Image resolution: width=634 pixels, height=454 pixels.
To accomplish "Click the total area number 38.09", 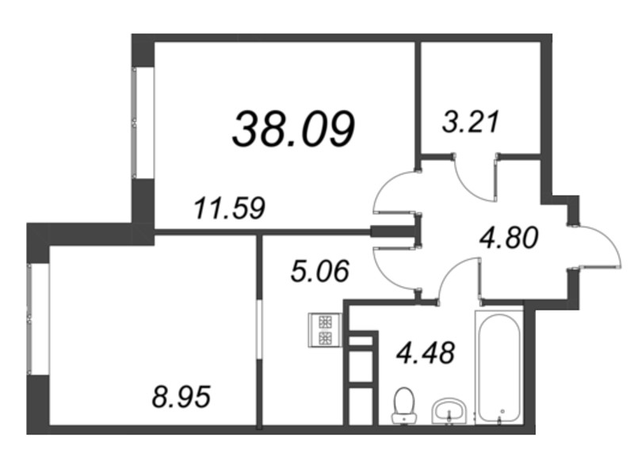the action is point(293,129).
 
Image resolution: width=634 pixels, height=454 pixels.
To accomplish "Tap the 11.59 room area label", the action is point(229,208).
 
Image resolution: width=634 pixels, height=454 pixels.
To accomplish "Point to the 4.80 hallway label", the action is point(509,238).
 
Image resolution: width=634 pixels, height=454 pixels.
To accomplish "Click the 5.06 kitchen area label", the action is point(320,271).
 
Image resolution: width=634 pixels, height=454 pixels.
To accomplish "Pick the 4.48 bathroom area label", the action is point(426,352).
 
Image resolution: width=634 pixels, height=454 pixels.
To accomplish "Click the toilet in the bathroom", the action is point(404,405).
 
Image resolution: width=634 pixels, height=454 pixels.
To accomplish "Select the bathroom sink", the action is point(449,411).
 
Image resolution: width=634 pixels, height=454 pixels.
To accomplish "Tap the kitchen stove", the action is point(326,330).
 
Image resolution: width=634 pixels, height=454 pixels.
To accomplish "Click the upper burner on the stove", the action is point(326,322).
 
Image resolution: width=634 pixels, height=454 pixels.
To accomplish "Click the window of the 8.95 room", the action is point(38,319).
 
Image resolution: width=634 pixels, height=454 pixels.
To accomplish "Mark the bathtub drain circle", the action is point(502,411).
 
